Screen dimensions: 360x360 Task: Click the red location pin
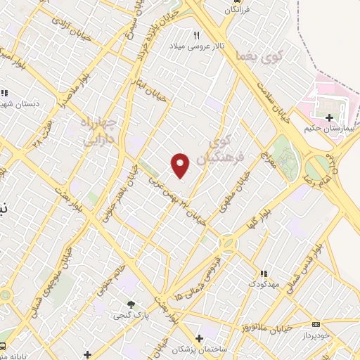tap(181, 165)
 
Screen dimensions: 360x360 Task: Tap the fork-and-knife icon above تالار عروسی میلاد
tap(197, 35)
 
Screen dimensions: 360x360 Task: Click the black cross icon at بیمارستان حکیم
tap(328, 116)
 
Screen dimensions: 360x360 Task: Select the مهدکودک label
tap(263, 283)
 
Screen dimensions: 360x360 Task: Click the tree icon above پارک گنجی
tap(131, 304)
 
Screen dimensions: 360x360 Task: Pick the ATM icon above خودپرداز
tap(315, 325)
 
